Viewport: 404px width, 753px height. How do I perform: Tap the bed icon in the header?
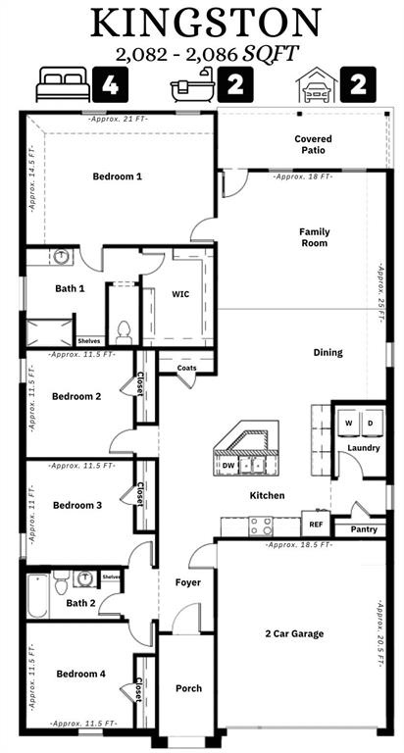[x=62, y=85]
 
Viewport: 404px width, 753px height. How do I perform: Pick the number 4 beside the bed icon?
[x=109, y=85]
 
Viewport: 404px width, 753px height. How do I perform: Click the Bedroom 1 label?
[x=117, y=176]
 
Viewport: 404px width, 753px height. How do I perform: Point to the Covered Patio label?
[x=313, y=145]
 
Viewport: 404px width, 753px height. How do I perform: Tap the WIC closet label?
[x=180, y=293]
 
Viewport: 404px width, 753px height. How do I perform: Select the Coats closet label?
[x=186, y=368]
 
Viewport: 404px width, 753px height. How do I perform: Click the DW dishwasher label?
[x=228, y=466]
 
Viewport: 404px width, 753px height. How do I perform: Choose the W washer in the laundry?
[x=347, y=423]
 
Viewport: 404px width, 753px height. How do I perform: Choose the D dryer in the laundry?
[x=370, y=423]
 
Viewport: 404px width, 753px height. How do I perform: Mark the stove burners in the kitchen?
[x=260, y=526]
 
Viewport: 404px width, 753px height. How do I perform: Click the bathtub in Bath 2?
[x=37, y=596]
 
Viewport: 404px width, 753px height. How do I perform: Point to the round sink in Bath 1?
[x=61, y=257]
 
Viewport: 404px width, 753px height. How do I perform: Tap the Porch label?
[x=188, y=688]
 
